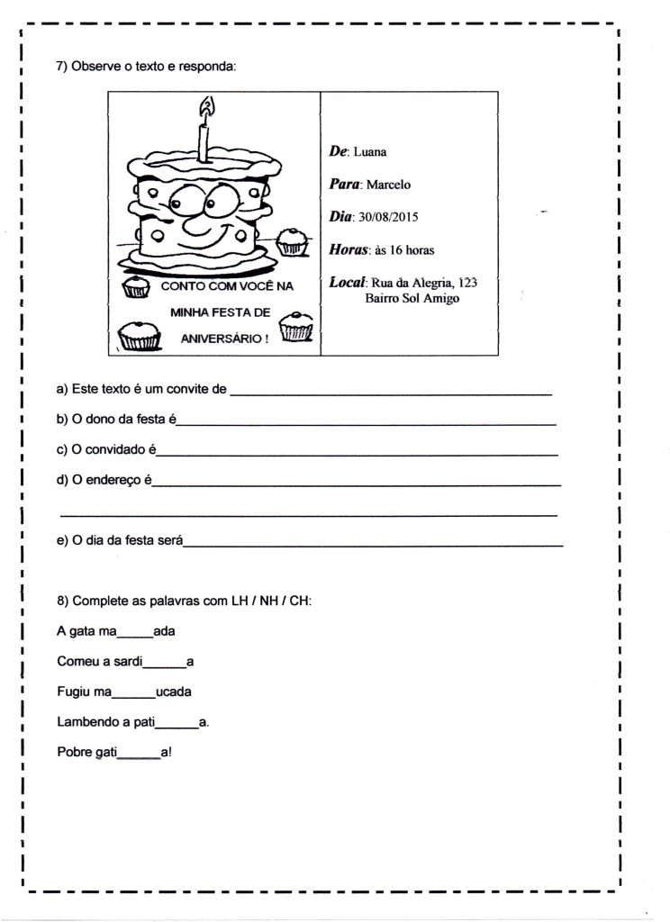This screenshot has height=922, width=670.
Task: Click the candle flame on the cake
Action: pos(207,109)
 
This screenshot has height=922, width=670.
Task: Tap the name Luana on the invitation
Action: pos(369,152)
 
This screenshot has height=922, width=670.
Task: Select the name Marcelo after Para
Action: pos(385,185)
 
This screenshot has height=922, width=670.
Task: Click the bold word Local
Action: pos(346,282)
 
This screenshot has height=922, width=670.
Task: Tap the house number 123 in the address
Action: pos(466,283)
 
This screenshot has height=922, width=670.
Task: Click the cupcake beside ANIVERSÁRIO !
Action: pos(296,329)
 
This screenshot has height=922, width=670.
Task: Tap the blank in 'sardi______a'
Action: pos(165,664)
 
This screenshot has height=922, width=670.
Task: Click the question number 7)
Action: pos(62,67)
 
